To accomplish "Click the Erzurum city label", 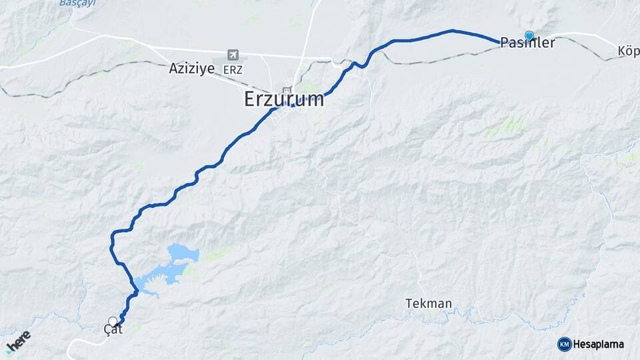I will tap(284, 100).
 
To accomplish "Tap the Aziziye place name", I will tap(192, 68).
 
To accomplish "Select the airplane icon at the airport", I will tap(233, 55).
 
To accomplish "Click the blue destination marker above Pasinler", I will tap(529, 35).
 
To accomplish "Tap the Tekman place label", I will tap(428, 304).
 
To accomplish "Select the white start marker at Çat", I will tap(112, 321).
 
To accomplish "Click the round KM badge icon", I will tap(564, 344).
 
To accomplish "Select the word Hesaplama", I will tap(599, 344).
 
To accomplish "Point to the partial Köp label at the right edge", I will tap(628, 51).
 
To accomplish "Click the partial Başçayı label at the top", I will tap(77, 3).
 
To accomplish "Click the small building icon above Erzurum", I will tap(287, 90).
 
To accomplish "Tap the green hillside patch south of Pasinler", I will tap(511, 125).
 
